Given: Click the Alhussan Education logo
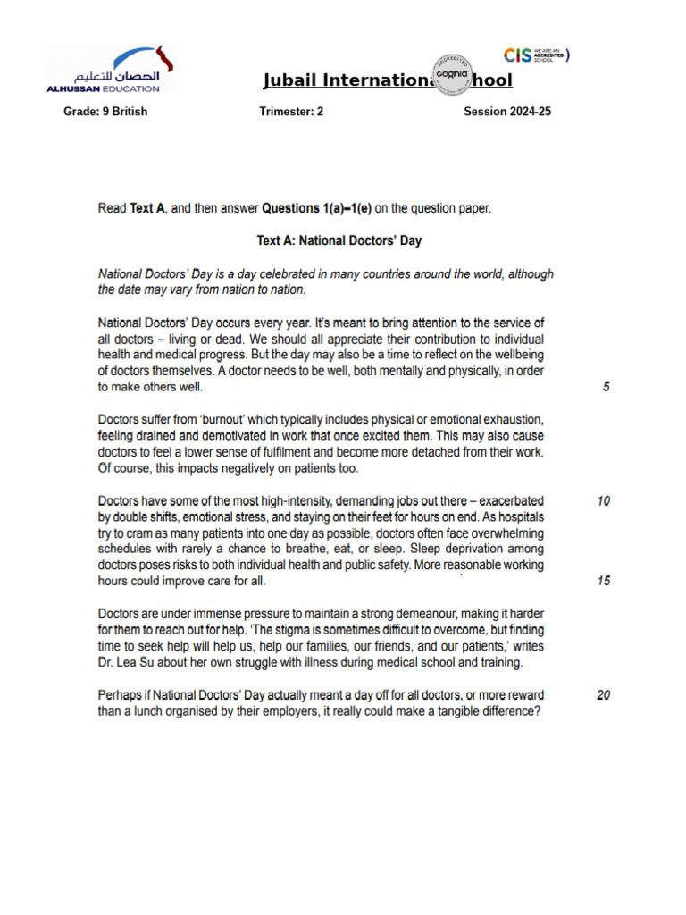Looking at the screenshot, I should (x=109, y=69).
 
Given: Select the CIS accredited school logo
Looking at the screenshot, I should (x=536, y=55).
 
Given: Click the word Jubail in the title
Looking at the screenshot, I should (x=289, y=81).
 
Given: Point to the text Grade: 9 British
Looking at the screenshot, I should (x=105, y=112).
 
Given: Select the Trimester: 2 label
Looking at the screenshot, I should (x=291, y=112).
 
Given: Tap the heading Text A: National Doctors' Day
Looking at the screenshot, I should (x=339, y=240).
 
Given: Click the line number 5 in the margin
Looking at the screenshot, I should (x=607, y=388).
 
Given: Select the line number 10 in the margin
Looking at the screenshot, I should (x=604, y=501).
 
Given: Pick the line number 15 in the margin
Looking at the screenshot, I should (x=604, y=581).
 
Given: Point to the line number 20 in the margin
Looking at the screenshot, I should (x=604, y=695).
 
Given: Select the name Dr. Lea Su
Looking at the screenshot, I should (x=129, y=662).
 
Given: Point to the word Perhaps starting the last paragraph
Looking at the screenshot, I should (x=121, y=695).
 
